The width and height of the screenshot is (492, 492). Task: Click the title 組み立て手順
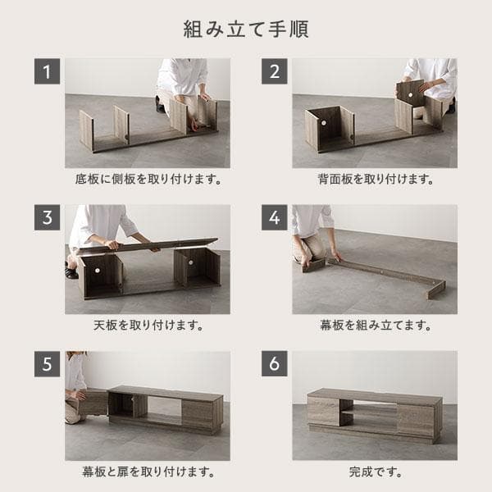click(246, 30)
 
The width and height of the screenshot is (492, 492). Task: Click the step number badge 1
click(48, 71)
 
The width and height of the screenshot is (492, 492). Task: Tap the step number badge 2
click(275, 71)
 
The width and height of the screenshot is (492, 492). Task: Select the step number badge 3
click(48, 218)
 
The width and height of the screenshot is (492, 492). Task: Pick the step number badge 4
click(275, 218)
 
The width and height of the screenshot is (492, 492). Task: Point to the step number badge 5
click(48, 364)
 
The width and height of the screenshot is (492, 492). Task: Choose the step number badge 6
click(275, 364)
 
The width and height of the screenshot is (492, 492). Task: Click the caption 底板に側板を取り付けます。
click(148, 179)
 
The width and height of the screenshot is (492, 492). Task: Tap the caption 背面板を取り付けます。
click(375, 179)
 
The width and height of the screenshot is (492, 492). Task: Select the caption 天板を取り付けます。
click(148, 326)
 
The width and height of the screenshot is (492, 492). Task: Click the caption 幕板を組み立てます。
click(375, 326)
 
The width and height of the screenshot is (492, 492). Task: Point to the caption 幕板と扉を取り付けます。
click(148, 471)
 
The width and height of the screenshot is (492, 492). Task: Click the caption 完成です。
click(375, 471)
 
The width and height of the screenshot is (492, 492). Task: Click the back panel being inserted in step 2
click(411, 93)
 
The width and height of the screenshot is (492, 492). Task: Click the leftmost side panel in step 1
click(86, 130)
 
